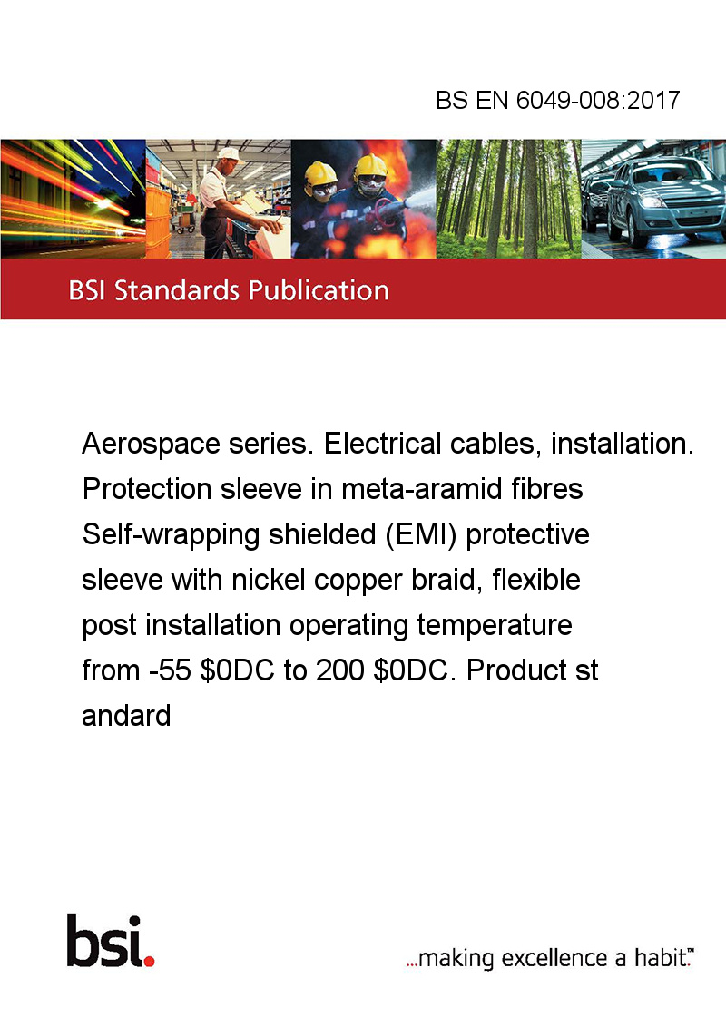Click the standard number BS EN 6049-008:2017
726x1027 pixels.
pyautogui.click(x=558, y=100)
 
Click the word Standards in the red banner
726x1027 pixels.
pyautogui.click(x=177, y=290)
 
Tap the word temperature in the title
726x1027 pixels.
pyautogui.click(x=495, y=625)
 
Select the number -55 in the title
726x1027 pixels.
pyautogui.click(x=170, y=670)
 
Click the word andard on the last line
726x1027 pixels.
pyautogui.click(x=126, y=715)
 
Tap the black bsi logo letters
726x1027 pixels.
pyautogui.click(x=104, y=940)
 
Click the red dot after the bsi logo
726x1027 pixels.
pyautogui.click(x=149, y=961)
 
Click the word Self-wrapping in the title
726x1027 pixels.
pyautogui.click(x=172, y=535)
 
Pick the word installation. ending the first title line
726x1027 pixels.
pyautogui.click(x=622, y=444)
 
